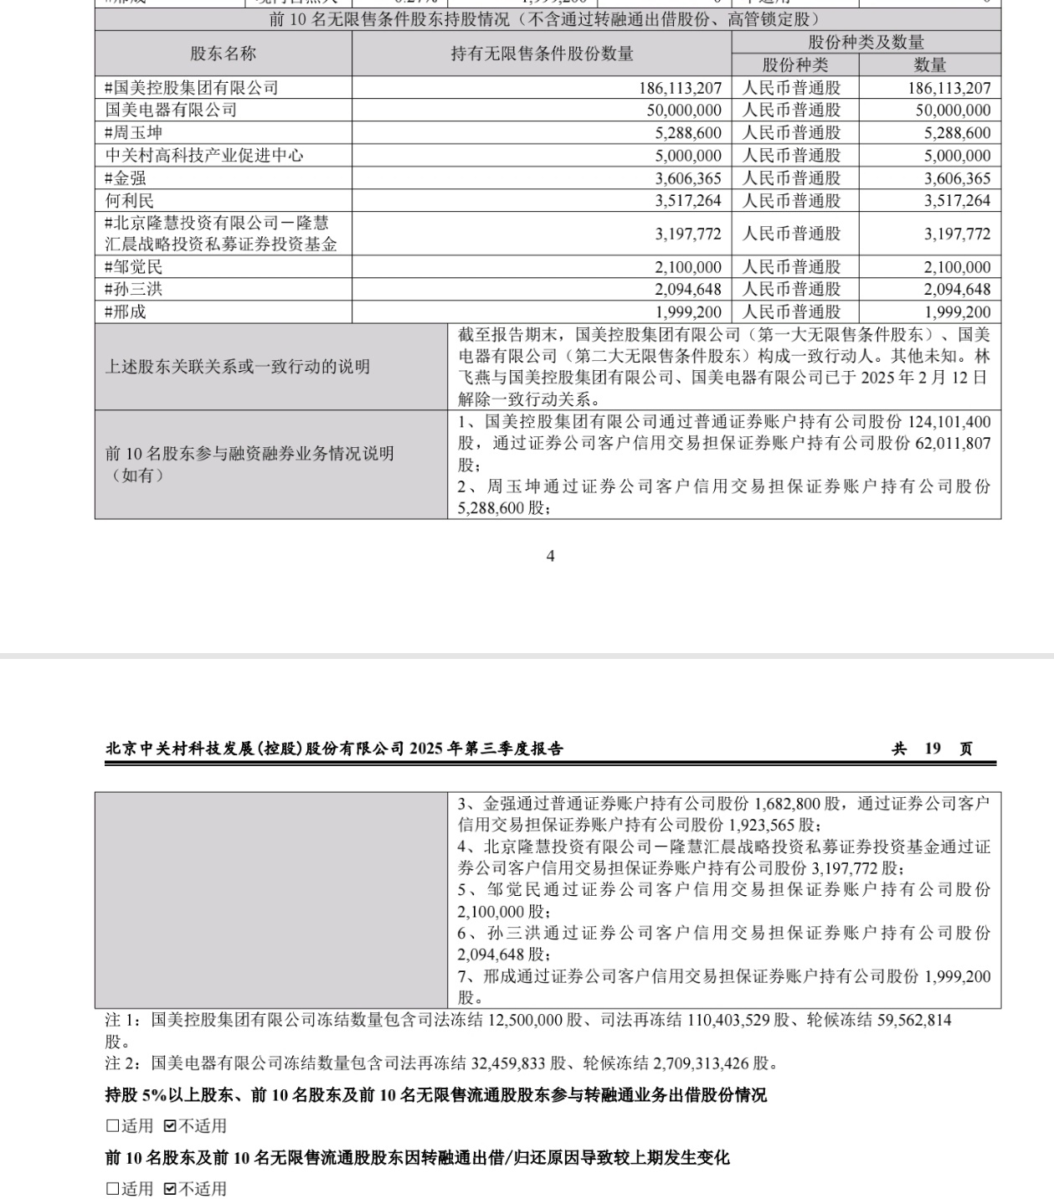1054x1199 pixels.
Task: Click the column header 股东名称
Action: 223,54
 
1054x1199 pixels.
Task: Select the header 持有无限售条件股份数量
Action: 542,54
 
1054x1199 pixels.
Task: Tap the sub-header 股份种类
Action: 794,65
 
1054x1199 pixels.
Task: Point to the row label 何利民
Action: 130,201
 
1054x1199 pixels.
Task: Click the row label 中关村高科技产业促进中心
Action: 204,156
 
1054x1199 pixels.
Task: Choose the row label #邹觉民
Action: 134,267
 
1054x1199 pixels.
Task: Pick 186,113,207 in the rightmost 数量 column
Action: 949,88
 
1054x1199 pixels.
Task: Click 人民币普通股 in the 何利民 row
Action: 791,201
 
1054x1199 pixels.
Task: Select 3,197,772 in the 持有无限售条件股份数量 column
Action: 688,234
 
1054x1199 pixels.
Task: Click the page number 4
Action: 550,556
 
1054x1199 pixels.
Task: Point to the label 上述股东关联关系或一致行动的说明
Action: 237,367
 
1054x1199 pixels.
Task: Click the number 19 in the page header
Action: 933,749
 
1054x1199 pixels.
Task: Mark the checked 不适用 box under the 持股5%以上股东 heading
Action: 170,1126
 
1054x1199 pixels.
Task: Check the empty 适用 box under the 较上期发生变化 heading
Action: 112,1189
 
